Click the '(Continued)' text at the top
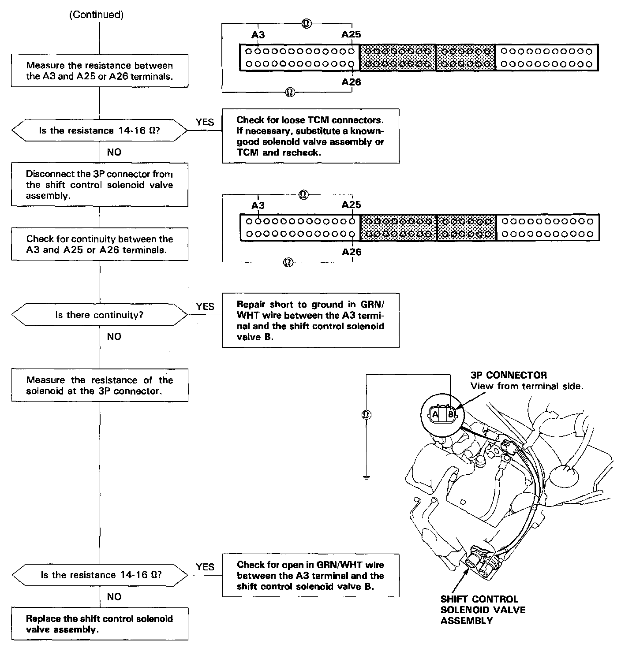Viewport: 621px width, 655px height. click(x=96, y=15)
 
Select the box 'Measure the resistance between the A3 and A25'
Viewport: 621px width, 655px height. click(x=100, y=71)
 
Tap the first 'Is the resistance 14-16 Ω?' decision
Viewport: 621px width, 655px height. click(x=100, y=130)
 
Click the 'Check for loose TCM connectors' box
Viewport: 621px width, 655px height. click(x=310, y=136)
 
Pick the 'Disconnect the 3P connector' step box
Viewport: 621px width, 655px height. click(x=100, y=185)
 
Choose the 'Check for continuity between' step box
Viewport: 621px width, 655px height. click(x=100, y=244)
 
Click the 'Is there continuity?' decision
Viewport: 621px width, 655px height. click(x=100, y=315)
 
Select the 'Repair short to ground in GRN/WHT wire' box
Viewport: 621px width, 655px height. click(x=310, y=320)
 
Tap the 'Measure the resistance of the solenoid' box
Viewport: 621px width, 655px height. click(x=100, y=385)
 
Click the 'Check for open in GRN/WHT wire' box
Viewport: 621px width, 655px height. click(x=310, y=576)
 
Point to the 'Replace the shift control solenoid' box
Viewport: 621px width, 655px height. click(x=100, y=624)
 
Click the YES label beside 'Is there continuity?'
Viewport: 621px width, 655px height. click(x=205, y=306)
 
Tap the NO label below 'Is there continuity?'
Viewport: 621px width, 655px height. click(x=114, y=337)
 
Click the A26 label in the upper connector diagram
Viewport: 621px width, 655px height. click(x=351, y=82)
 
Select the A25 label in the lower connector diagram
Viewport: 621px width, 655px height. click(x=351, y=205)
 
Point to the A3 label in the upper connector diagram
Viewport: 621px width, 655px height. click(x=258, y=35)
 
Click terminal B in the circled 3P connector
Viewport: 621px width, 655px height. click(x=450, y=414)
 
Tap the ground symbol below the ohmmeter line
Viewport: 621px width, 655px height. click(x=366, y=478)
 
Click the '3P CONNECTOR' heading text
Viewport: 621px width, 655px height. click(x=509, y=376)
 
